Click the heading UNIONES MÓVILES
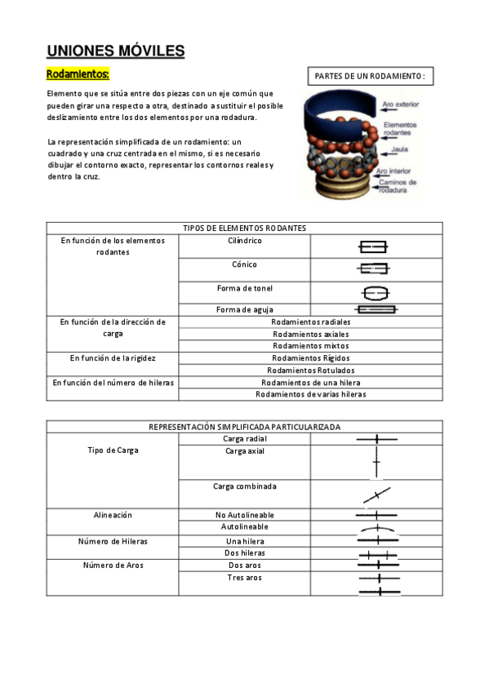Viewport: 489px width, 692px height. (116, 51)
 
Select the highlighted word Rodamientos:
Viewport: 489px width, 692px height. (78, 74)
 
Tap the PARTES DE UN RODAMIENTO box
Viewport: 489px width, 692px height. (370, 77)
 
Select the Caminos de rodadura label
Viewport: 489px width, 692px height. (398, 186)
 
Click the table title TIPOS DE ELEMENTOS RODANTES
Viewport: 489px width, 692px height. (244, 228)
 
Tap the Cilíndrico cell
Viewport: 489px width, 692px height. (244, 241)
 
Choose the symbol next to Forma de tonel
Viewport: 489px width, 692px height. (376, 292)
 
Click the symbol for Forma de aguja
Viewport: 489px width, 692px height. (376, 309)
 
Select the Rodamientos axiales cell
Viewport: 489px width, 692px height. (310, 334)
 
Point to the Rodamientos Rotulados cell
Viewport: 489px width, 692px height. (310, 370)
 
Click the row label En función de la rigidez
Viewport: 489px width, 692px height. (113, 357)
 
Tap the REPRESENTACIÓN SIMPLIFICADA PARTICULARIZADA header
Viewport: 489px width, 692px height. (244, 427)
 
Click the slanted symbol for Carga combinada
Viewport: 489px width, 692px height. (376, 495)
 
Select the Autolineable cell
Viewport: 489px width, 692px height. (244, 527)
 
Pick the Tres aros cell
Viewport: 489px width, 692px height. (244, 578)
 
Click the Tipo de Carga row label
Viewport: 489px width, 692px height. (113, 450)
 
